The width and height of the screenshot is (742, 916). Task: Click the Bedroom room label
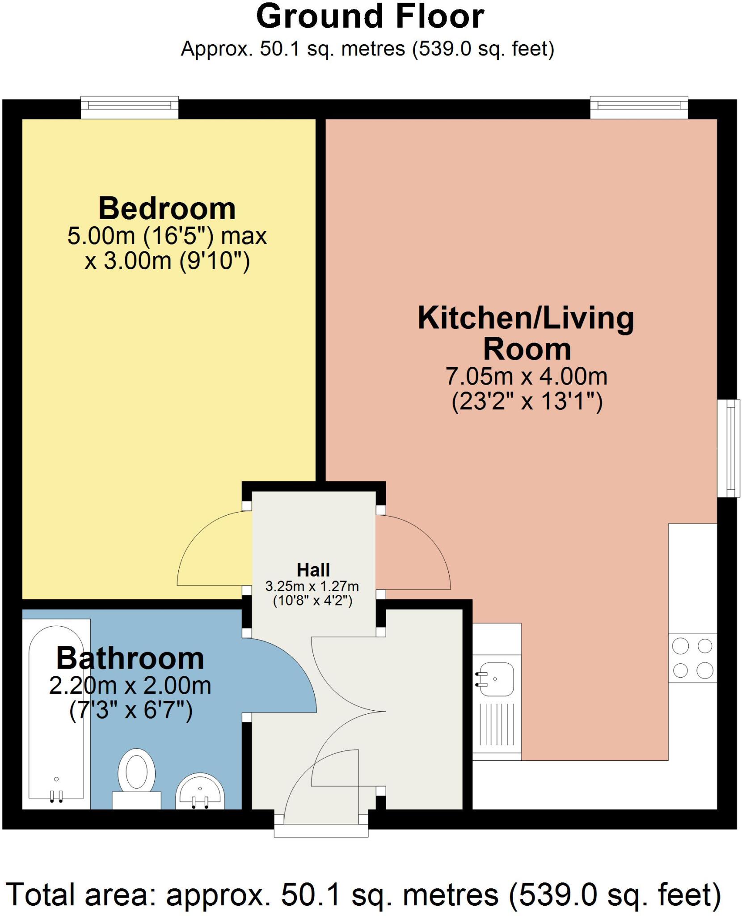pos(167,209)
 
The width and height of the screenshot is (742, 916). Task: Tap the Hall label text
pos(313,570)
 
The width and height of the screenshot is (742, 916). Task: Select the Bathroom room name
pos(130,658)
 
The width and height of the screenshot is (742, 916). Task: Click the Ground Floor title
pos(370,17)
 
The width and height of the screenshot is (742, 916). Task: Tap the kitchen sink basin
pos(496,679)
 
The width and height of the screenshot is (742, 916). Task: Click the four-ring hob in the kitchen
pos(692,658)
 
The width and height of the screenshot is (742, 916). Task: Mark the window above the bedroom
pos(130,107)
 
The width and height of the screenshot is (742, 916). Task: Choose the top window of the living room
pos(639,107)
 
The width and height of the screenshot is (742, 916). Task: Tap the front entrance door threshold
pos(321,830)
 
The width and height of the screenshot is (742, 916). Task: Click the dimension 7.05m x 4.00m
pos(527,377)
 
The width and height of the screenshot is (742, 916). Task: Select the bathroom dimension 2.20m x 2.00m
pos(130,686)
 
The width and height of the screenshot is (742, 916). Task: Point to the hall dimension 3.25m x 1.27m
pos(312,586)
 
